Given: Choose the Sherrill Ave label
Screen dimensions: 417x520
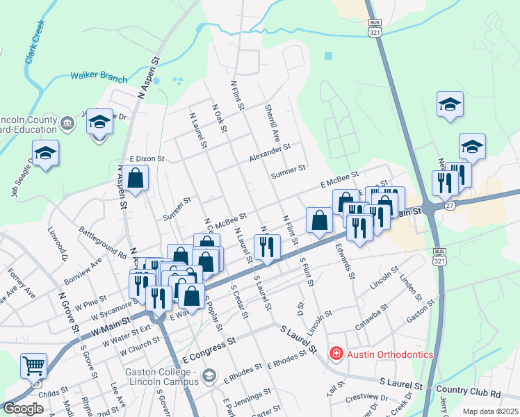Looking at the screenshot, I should tap(271, 122).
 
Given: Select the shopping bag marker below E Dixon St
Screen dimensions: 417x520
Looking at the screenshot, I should tap(137, 179).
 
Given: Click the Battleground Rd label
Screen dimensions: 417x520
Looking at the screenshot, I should tap(102, 242).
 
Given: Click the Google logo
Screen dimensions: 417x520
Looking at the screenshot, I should tap(24, 409).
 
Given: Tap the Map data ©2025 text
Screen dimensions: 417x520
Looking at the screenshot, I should tap(490, 411).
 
